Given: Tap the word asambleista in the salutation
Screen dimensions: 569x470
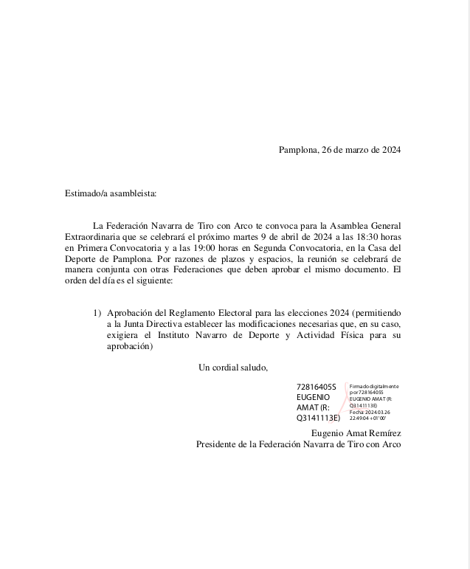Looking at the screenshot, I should [134, 193].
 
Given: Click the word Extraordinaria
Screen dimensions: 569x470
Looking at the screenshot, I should [96, 236].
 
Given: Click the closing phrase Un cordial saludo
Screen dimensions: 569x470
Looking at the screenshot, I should [233, 368].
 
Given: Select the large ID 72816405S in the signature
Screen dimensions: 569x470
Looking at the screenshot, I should [316, 387].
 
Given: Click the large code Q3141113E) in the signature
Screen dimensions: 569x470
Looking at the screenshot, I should [318, 418].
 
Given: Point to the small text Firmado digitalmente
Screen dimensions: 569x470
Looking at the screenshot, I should [373, 386].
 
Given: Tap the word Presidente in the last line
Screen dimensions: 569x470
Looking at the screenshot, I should [219, 444].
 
